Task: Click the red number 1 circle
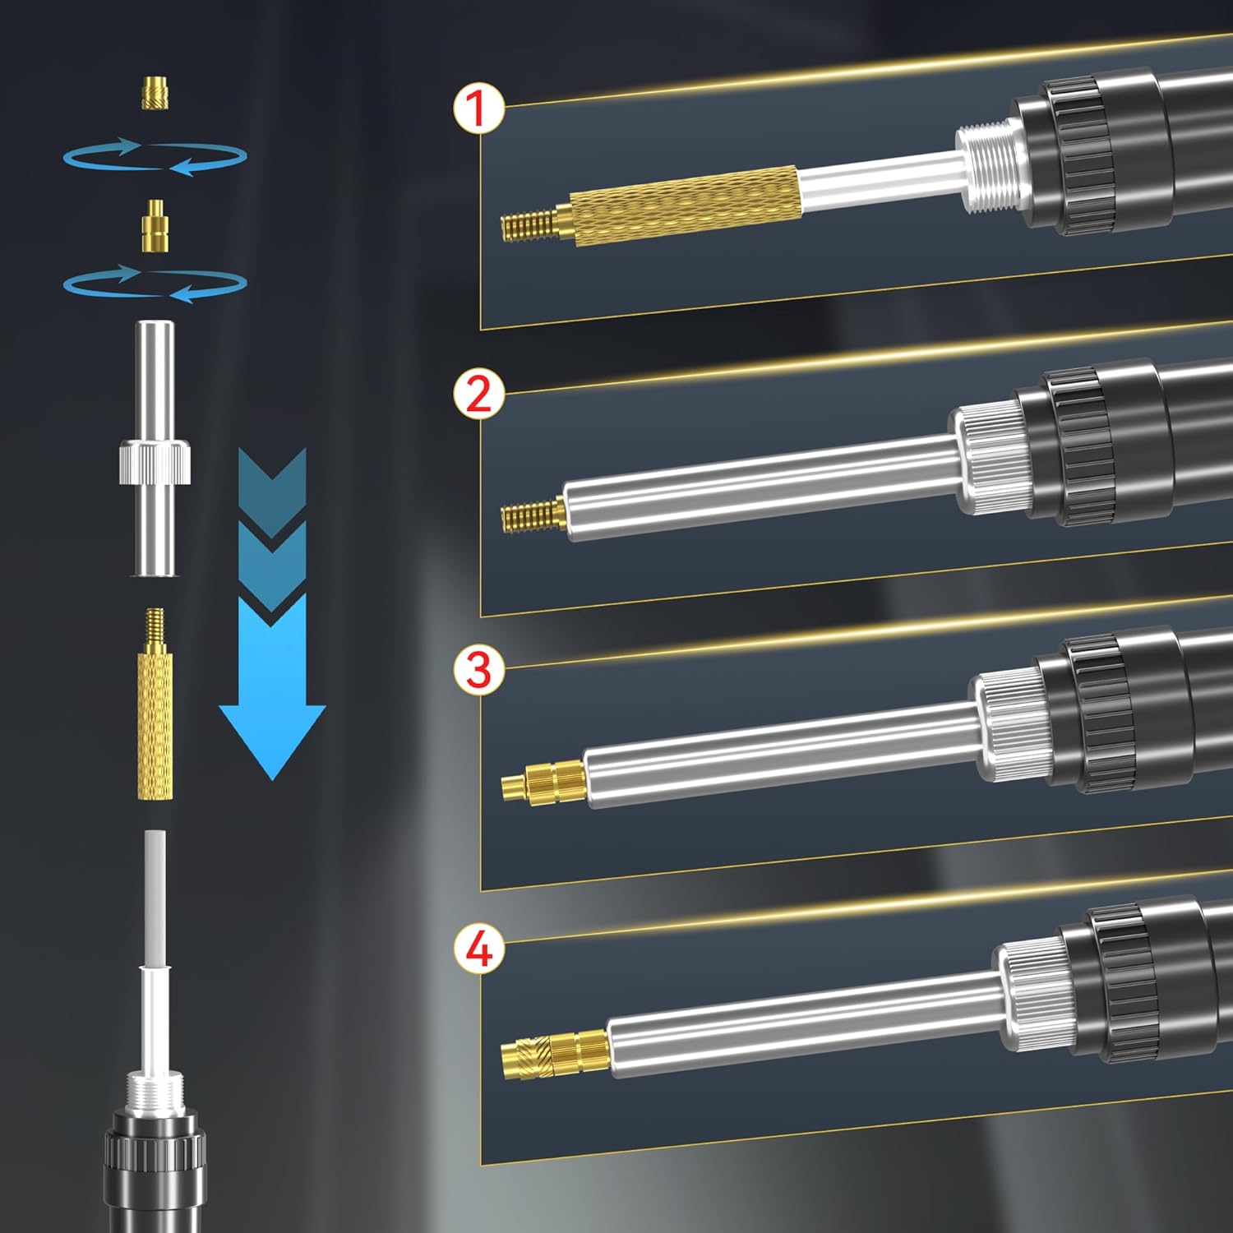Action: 478,109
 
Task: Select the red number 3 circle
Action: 478,669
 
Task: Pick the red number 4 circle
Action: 478,949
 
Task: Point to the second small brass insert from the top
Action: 154,224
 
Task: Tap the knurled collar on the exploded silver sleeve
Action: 155,462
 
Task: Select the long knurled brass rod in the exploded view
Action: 155,704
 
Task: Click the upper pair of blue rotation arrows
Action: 155,156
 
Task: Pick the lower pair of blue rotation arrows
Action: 155,284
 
